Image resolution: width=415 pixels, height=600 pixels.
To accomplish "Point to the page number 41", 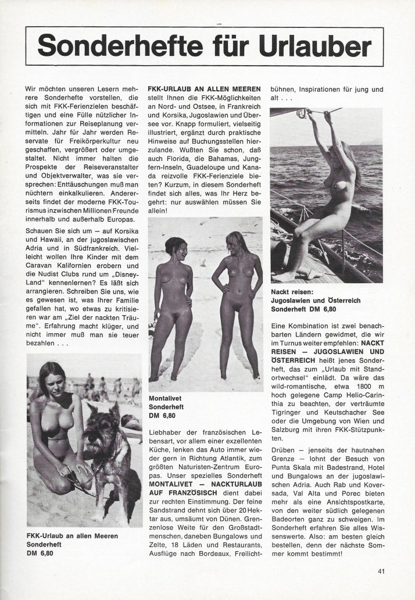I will (x=381, y=587).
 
